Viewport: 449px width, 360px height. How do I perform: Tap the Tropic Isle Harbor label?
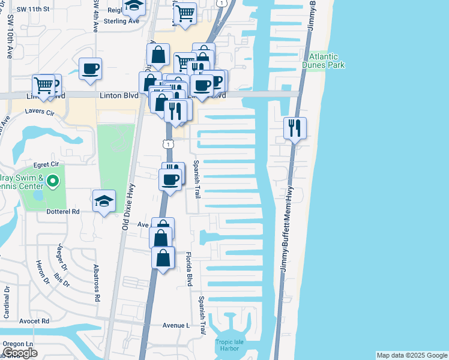[228, 346]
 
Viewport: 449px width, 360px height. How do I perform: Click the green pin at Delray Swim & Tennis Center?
[53, 180]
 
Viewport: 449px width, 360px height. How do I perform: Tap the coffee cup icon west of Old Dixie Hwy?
[90, 69]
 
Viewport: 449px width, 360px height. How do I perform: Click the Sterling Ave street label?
[121, 21]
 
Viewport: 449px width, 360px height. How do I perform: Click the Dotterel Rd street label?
[63, 211]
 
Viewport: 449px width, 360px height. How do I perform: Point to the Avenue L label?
[176, 325]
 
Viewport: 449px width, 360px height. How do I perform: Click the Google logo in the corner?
[20, 353]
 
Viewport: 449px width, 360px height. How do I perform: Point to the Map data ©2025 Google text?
[411, 355]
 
